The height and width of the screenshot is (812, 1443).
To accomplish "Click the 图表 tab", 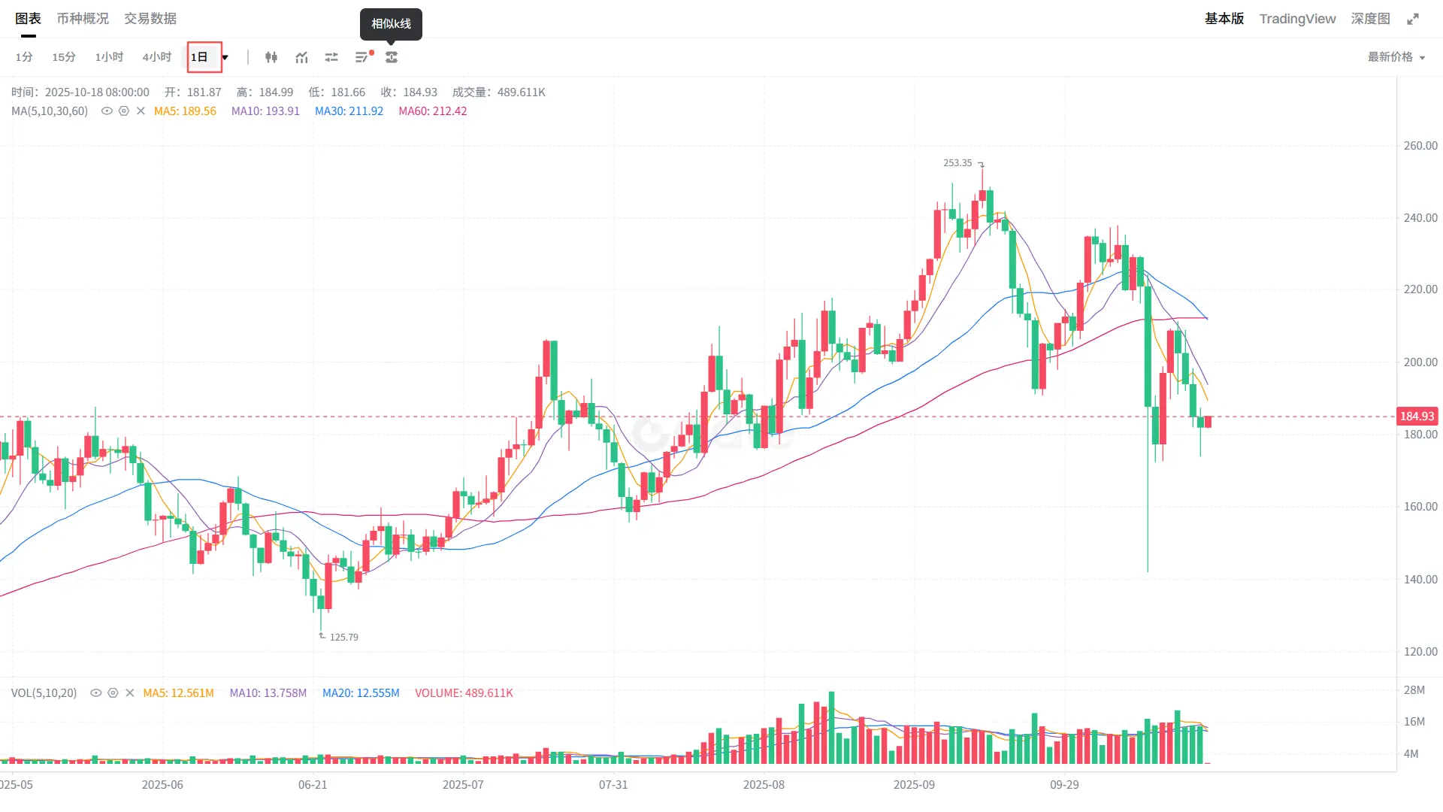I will [28, 19].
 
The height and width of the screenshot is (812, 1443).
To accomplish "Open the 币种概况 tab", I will [83, 19].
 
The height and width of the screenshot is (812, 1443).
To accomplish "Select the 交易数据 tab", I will [150, 19].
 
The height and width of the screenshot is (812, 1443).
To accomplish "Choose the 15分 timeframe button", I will [64, 57].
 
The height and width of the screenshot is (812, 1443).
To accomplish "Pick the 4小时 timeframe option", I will [156, 57].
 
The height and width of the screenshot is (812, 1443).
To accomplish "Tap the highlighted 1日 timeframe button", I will [200, 57].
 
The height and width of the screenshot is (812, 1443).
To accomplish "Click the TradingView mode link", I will [1297, 19].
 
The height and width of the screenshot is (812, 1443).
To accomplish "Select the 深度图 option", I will [1370, 19].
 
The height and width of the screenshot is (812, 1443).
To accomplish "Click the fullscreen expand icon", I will [1413, 19].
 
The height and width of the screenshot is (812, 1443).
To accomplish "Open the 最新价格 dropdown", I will [1396, 57].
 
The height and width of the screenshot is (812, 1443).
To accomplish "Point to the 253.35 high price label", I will [957, 163].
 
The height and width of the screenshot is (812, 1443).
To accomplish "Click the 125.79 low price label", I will [343, 638].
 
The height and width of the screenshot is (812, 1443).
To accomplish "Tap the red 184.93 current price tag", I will [1417, 417].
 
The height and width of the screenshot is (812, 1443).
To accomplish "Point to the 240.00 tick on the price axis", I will [1420, 218].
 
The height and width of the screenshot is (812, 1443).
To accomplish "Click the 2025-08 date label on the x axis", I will [764, 785].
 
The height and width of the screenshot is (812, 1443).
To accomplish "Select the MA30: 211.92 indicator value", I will [349, 111].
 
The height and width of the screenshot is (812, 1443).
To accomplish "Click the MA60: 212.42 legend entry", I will [433, 111].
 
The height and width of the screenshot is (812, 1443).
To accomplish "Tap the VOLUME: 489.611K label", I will [464, 693].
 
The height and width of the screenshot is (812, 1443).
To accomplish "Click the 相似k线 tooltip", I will [391, 24].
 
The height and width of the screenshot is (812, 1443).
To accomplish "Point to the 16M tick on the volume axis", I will [1414, 722].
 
